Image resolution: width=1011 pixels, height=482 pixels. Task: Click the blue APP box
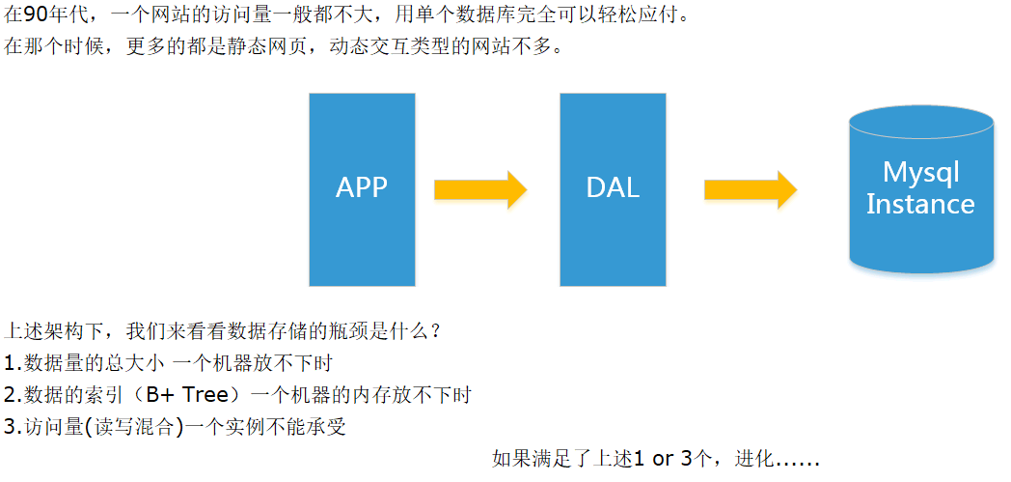[362, 189]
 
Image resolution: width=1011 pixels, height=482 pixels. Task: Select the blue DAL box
[613, 189]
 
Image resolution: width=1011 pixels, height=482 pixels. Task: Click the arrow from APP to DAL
[479, 189]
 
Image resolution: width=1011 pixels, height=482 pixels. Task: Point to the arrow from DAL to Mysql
[750, 189]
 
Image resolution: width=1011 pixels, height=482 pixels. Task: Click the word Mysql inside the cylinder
[920, 174]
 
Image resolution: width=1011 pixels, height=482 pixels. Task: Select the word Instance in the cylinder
[920, 205]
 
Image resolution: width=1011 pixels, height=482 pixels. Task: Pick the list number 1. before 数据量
[13, 364]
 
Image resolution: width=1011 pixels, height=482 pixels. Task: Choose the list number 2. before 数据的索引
[13, 395]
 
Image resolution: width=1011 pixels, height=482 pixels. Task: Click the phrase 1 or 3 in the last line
[664, 459]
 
